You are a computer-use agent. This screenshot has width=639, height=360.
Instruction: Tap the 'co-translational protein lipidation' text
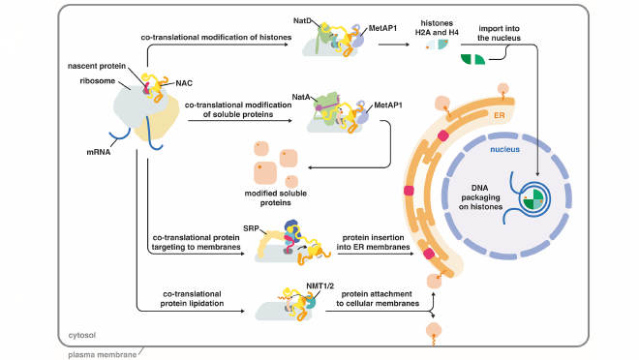click(x=194, y=298)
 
